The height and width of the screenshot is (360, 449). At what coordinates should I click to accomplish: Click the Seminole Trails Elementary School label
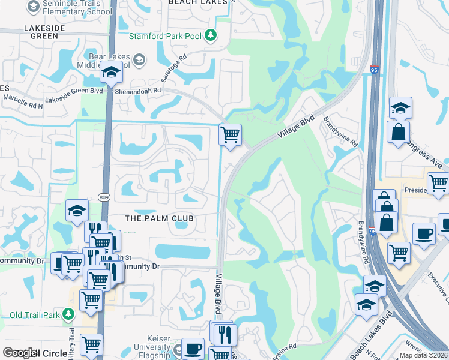click(75, 7)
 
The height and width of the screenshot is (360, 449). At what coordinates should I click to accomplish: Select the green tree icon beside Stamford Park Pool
click(211, 34)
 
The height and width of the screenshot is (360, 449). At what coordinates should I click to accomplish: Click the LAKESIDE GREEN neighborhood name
click(41, 32)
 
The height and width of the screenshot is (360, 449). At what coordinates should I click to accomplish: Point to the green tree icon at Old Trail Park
click(70, 314)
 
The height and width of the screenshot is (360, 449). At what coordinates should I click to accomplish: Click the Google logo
click(19, 353)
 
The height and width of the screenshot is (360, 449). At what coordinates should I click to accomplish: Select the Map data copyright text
click(424, 355)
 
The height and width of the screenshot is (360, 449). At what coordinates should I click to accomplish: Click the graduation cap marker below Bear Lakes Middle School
click(111, 73)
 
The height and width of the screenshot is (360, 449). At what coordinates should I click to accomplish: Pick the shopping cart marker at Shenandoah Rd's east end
click(230, 134)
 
